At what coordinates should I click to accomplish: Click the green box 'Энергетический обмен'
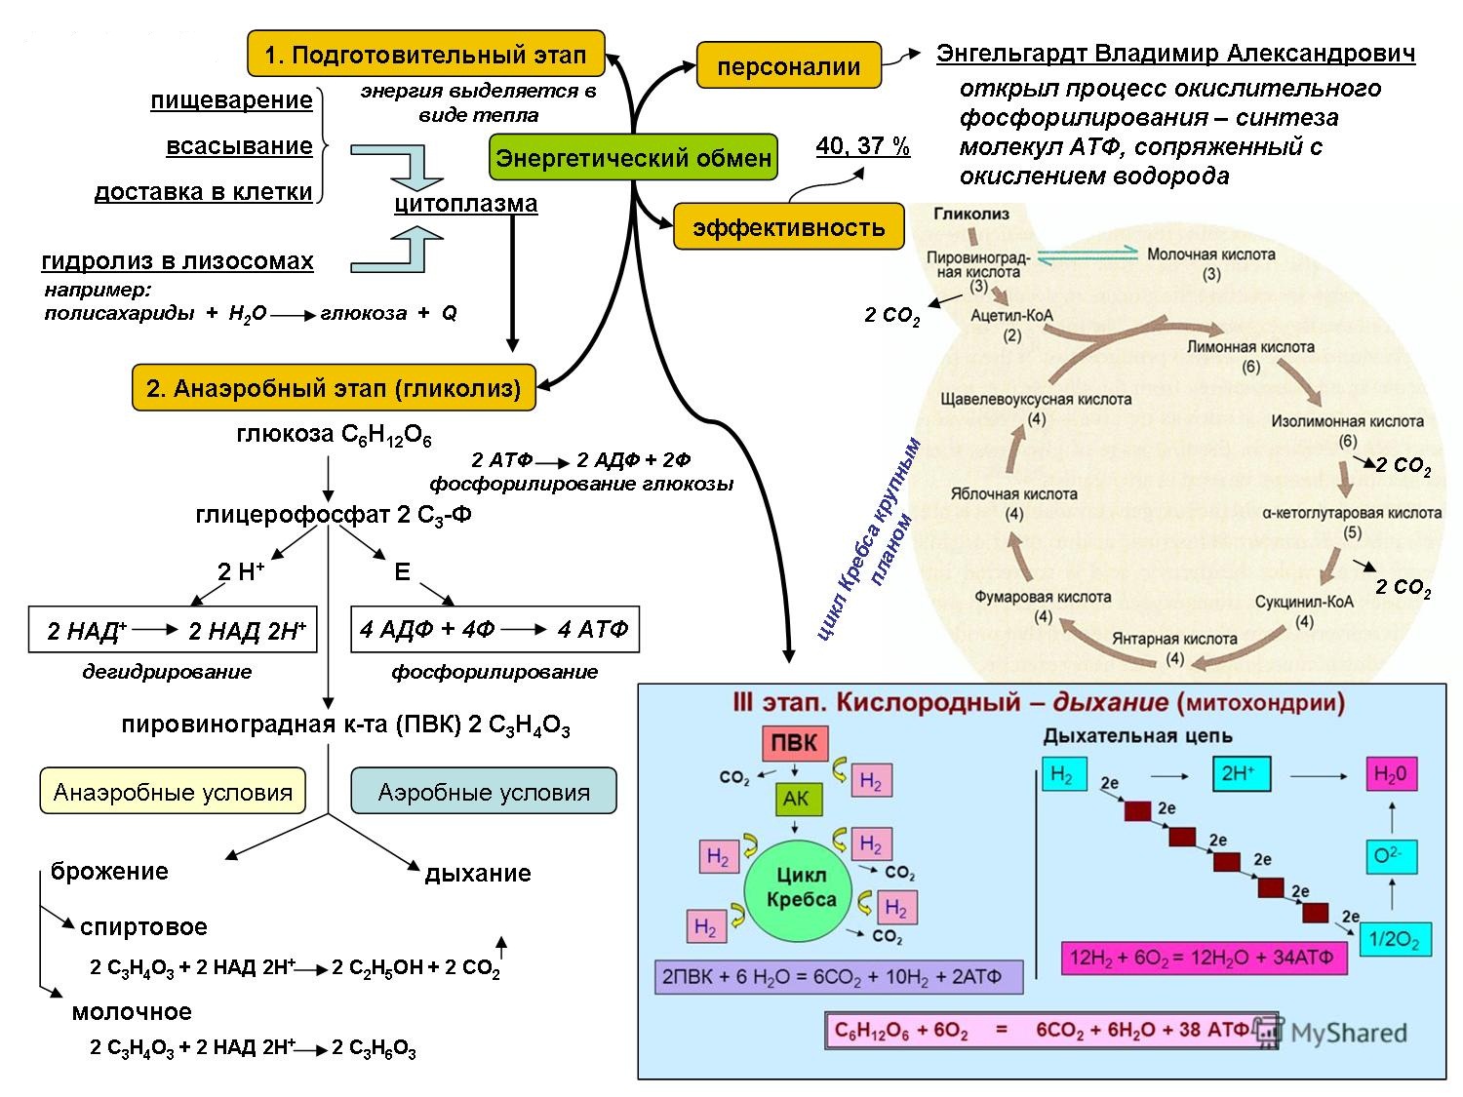633,158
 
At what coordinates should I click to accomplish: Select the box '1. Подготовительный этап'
426,55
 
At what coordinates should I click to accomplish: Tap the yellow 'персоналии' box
788,66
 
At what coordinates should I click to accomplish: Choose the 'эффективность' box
788,227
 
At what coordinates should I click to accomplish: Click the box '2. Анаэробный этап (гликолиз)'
334,388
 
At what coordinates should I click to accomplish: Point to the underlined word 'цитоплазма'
465,204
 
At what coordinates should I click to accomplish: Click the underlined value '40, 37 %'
862,146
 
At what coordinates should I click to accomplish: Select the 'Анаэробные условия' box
173,791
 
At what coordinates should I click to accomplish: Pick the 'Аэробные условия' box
484,791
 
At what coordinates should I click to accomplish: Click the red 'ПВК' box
795,743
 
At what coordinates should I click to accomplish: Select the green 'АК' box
796,800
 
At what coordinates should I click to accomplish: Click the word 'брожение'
109,871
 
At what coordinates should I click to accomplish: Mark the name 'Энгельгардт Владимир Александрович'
1175,53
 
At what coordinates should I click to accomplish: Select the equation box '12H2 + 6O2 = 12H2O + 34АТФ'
1202,958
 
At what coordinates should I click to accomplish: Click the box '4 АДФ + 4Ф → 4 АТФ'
494,630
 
